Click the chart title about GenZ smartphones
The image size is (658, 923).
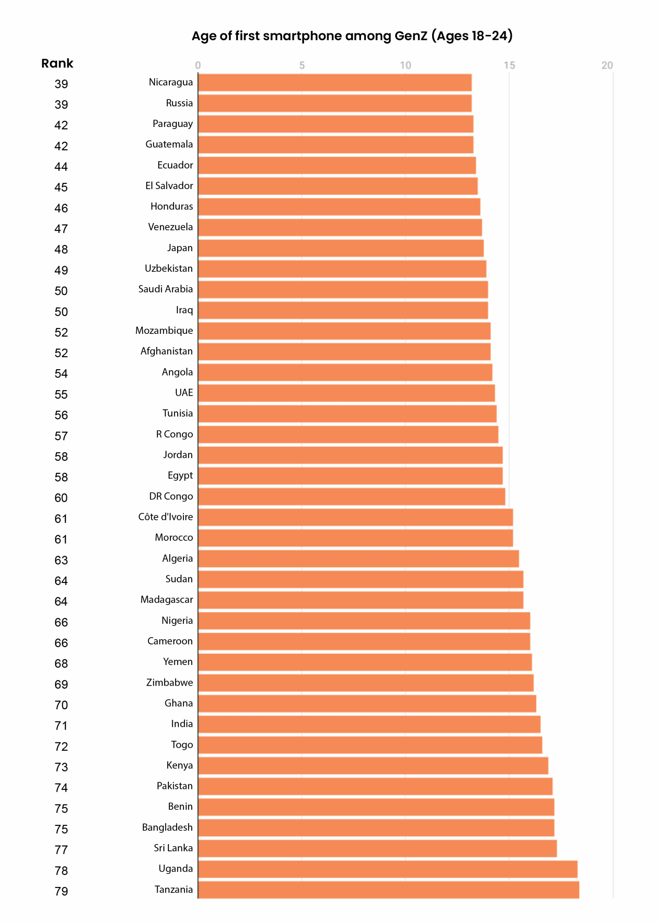pos(352,36)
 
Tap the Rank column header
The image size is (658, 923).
pos(57,63)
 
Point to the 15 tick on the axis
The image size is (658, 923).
pos(509,65)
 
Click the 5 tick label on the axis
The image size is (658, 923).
pos(302,65)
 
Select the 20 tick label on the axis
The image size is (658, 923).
pos(607,65)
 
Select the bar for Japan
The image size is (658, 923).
pos(341,248)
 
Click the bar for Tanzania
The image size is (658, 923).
pos(389,890)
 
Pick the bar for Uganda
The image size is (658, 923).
pos(388,869)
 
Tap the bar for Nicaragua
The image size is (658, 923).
pos(335,83)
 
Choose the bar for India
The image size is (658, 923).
pos(369,724)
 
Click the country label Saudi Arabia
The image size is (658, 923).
pos(165,289)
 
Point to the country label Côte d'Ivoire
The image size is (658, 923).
pos(165,517)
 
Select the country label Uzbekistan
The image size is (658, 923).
pos(168,268)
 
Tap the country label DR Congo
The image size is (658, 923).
pos(171,496)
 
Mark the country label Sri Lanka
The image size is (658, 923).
pos(173,848)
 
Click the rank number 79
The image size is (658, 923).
pos(61,891)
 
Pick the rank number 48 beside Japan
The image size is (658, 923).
pos(61,249)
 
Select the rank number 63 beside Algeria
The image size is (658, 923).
pos(61,560)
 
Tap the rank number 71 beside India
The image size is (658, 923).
pos(61,726)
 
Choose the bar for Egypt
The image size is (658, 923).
pos(351,476)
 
